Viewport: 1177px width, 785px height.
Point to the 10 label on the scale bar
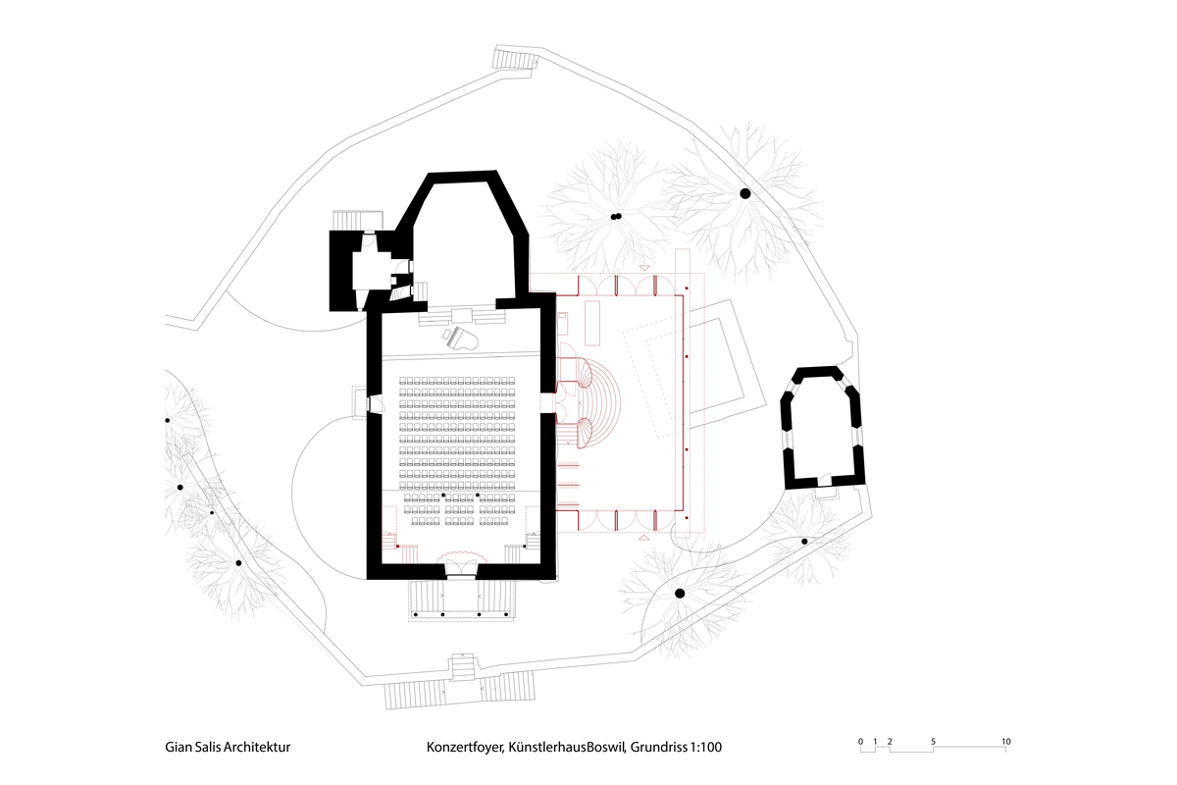(x=1005, y=741)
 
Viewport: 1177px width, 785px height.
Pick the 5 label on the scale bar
(x=933, y=741)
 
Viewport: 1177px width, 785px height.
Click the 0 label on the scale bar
(x=860, y=741)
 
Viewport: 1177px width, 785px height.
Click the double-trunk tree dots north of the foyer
(x=615, y=217)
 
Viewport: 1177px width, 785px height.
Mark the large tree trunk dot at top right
(x=744, y=193)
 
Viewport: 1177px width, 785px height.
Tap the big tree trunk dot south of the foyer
(x=679, y=593)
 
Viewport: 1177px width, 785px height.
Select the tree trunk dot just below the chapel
(x=804, y=542)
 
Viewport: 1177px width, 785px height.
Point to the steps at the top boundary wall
(x=515, y=60)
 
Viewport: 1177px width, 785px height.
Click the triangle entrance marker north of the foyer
(x=644, y=267)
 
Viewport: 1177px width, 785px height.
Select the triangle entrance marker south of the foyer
(x=644, y=539)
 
